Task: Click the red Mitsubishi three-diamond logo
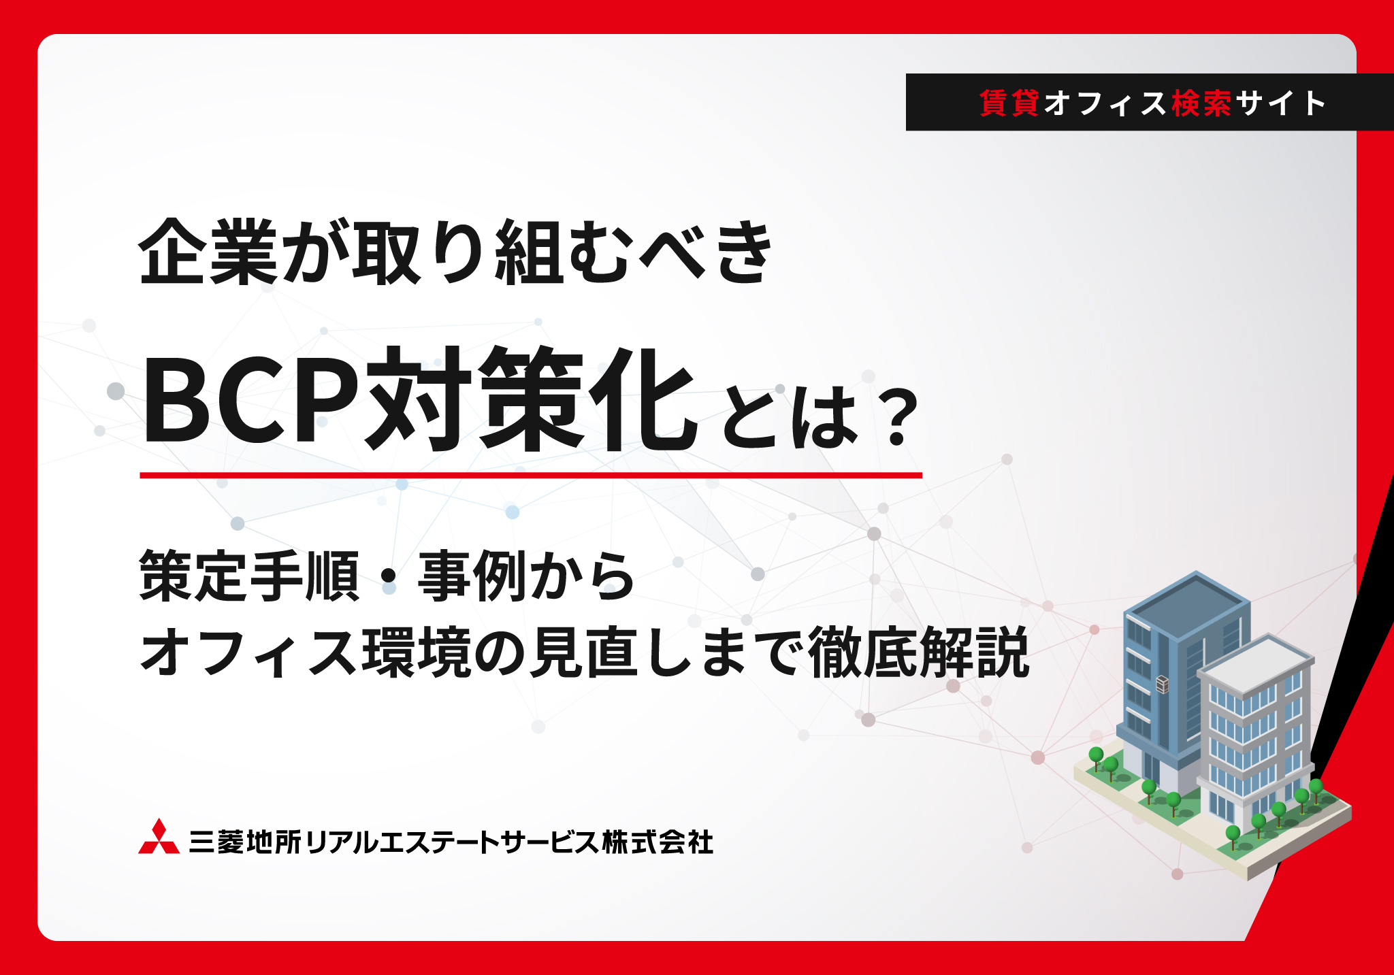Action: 159,837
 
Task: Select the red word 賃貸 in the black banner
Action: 1009,103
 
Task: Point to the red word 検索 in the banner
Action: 1202,103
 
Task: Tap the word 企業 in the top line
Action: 208,252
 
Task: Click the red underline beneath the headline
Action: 531,475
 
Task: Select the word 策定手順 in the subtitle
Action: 249,576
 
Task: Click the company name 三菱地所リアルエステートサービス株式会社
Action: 451,842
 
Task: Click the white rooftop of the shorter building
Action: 1256,663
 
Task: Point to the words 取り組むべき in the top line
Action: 562,252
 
